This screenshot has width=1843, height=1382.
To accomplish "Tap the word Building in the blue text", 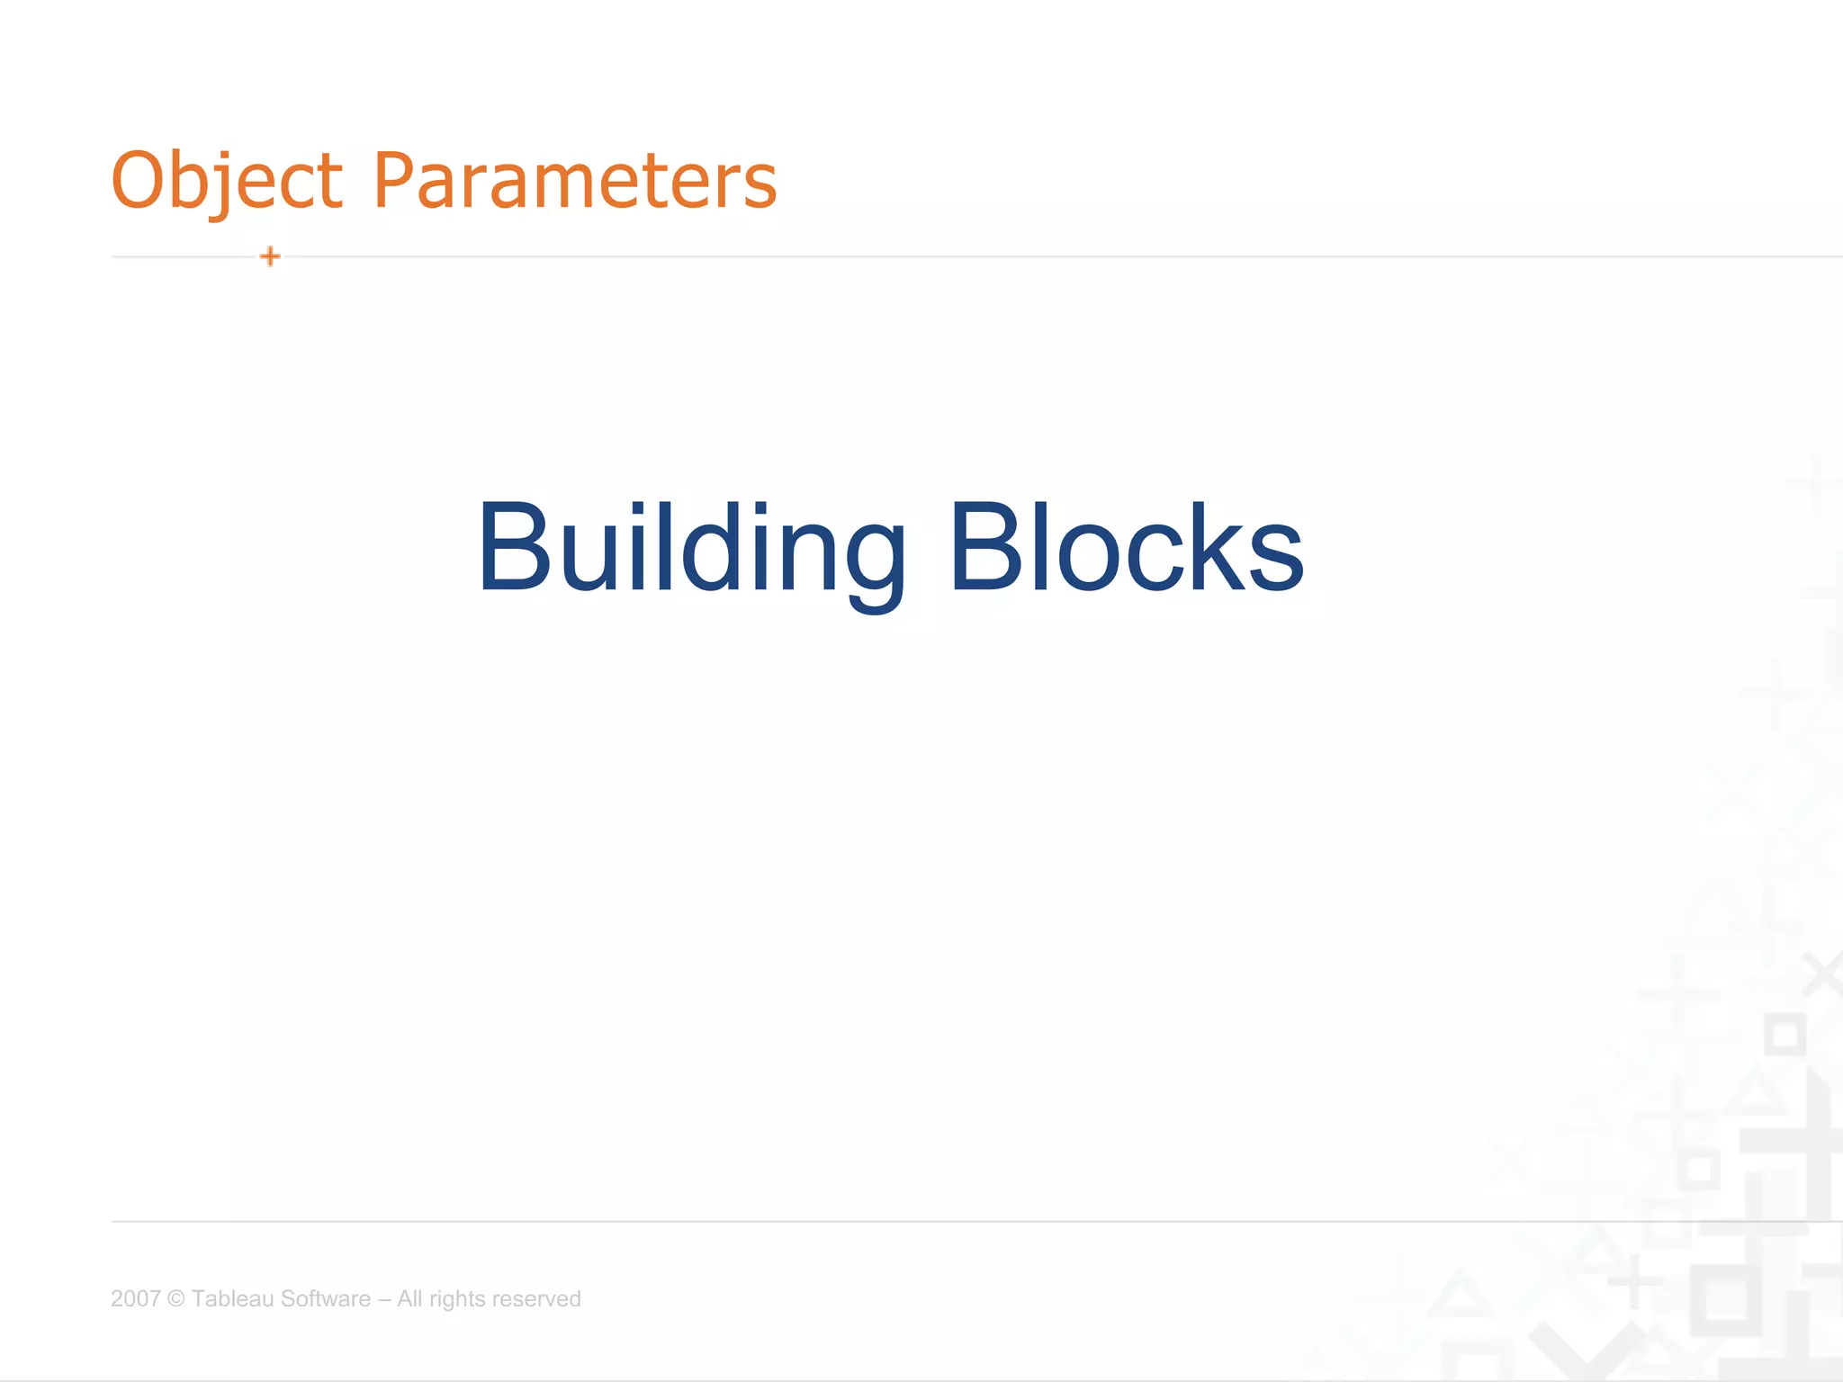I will (x=691, y=549).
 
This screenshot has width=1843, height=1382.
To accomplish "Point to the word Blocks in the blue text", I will (x=1126, y=549).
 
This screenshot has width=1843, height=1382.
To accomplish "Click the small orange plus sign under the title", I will (x=270, y=256).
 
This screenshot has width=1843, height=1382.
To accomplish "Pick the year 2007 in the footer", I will (x=135, y=1298).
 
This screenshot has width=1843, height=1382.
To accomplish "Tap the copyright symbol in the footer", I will (x=176, y=1298).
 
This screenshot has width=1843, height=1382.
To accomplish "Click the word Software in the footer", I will (x=326, y=1298).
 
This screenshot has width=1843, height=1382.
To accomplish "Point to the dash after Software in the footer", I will (x=384, y=1299).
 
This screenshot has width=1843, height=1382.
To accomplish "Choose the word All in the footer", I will (x=409, y=1298).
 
